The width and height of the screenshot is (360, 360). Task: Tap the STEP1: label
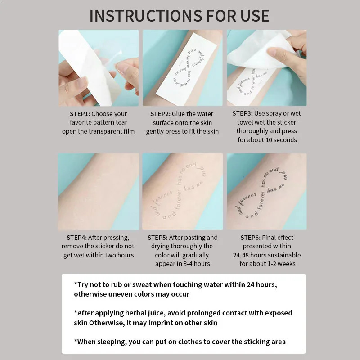80,114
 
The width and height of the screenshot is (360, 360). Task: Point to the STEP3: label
242,114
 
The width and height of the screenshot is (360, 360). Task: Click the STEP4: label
76,238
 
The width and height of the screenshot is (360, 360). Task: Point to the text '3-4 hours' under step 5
195,264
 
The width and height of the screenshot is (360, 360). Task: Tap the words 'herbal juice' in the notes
145,313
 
